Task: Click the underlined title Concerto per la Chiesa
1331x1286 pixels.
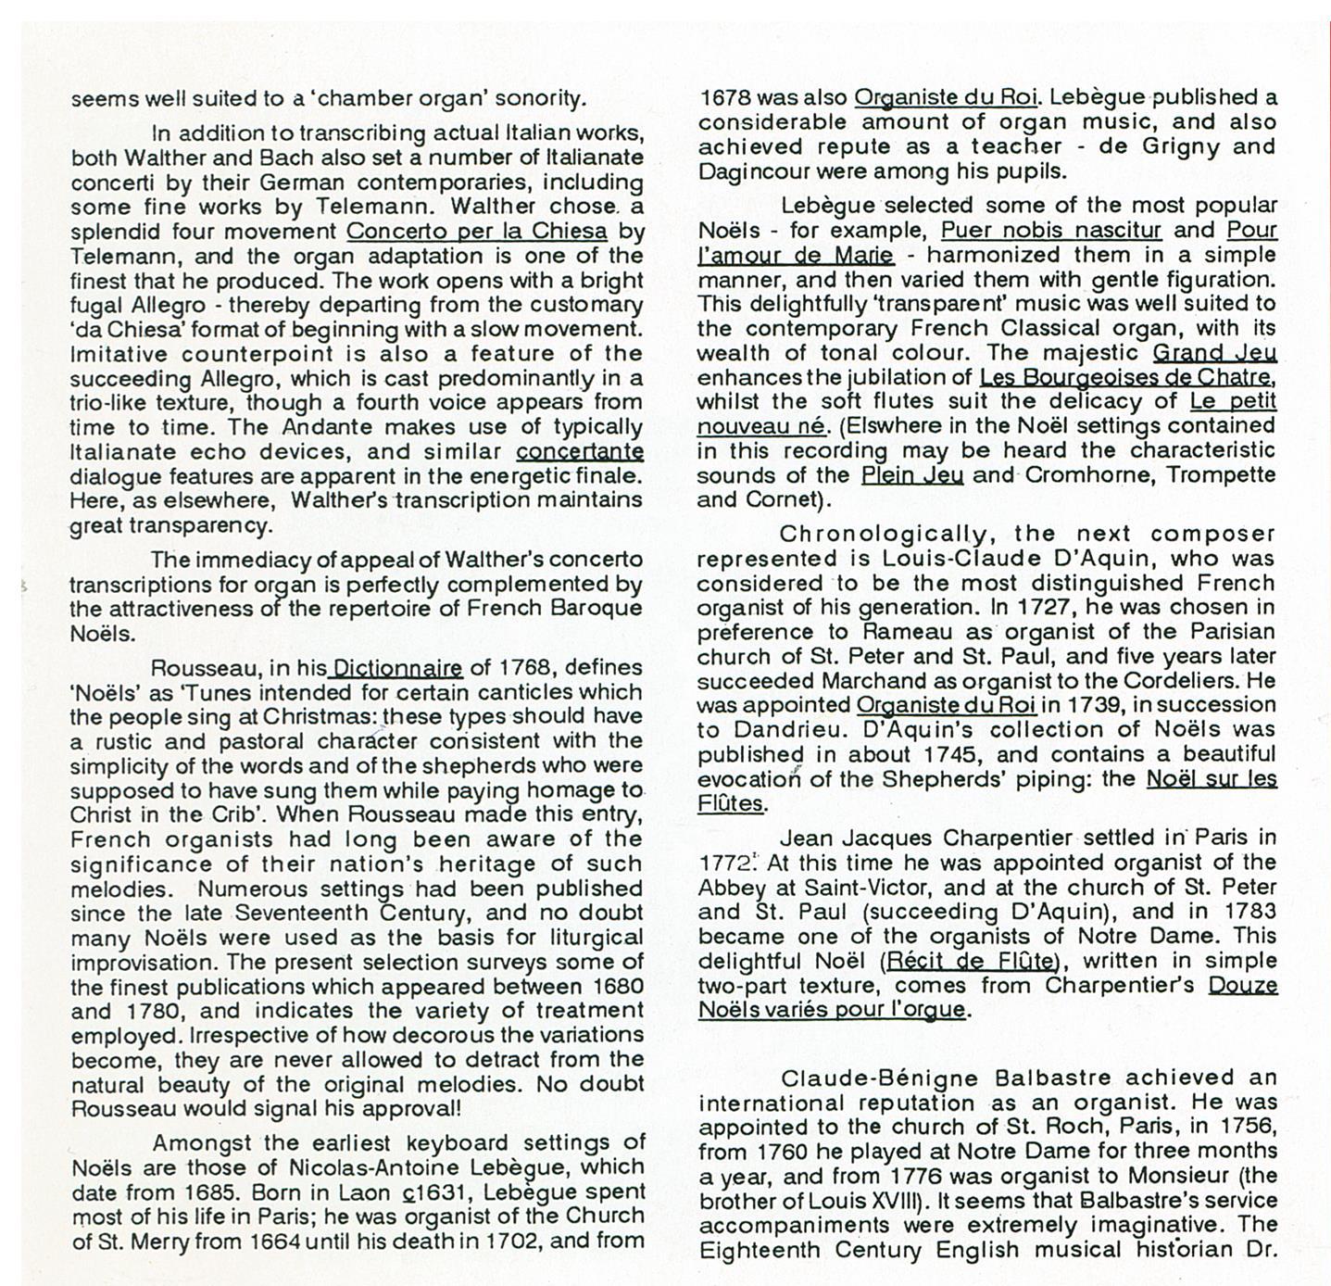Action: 476,231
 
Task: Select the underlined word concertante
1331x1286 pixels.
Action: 580,451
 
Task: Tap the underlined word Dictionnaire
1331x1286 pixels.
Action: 397,667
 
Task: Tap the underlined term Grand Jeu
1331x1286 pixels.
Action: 1214,352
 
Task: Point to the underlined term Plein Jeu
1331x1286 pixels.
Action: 911,475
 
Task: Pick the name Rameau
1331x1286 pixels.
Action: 914,632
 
